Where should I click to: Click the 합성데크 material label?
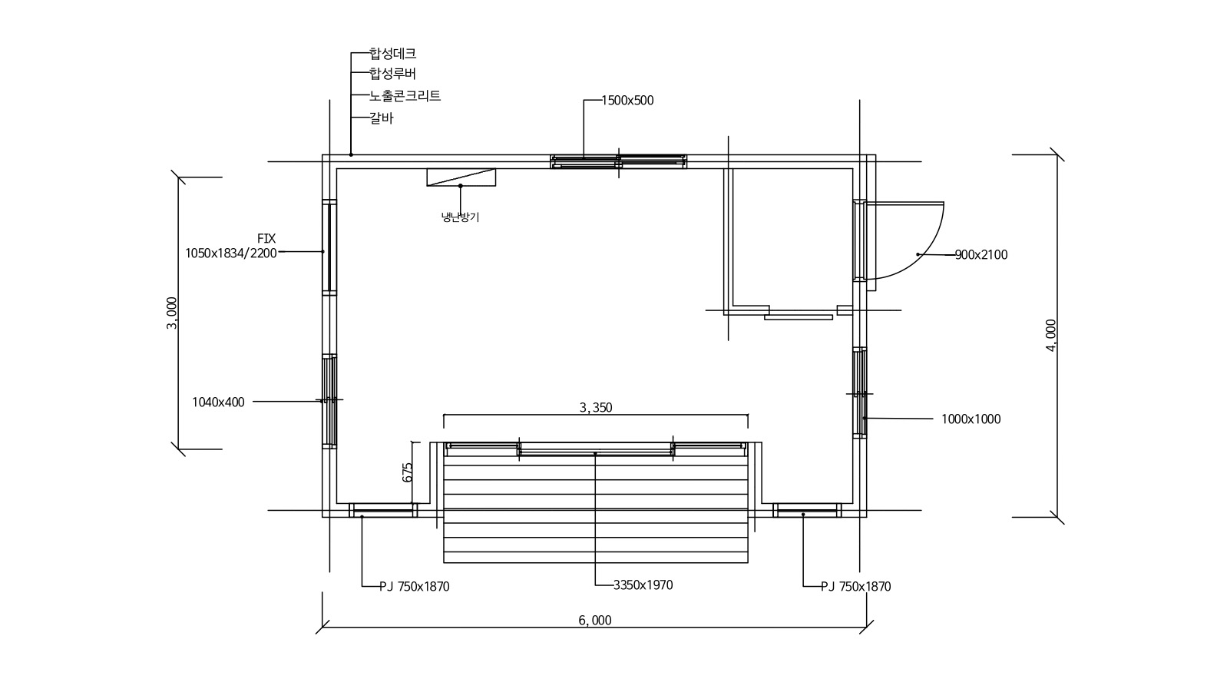coord(392,53)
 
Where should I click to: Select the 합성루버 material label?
coord(392,73)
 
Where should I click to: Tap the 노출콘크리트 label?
coord(405,96)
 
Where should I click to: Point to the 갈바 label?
coord(381,118)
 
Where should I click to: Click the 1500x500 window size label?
coord(627,100)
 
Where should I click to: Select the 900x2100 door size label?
coord(981,255)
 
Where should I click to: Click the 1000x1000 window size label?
coord(971,419)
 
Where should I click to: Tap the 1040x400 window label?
coord(218,402)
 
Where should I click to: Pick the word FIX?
coord(266,239)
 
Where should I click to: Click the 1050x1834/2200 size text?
coord(230,253)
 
